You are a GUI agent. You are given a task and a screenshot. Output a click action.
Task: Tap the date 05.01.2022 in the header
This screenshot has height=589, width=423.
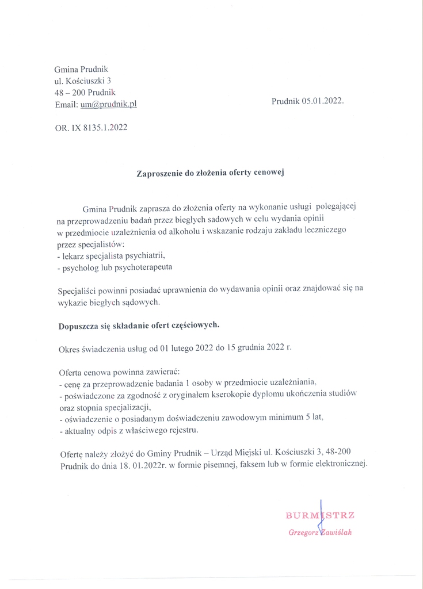[318, 101]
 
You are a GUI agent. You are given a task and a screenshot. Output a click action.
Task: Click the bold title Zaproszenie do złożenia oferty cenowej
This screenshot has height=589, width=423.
[211, 172]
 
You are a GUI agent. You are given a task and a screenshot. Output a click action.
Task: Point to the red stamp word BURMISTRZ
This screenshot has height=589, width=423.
[320, 515]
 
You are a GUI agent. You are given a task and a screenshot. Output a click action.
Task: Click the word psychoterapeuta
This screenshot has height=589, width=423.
[145, 267]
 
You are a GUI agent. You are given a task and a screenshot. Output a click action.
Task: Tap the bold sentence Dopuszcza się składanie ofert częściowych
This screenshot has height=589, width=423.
[139, 325]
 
